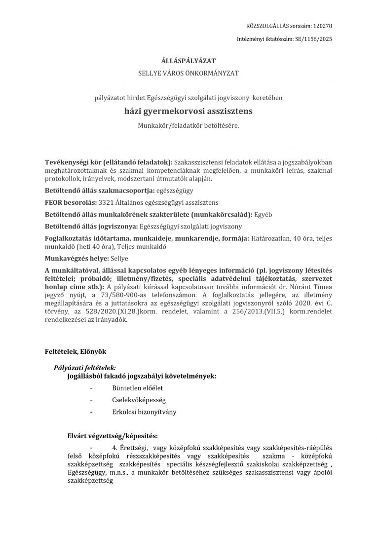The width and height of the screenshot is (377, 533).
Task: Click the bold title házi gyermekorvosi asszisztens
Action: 188,112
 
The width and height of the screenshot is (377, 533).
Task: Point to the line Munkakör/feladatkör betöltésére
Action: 188,126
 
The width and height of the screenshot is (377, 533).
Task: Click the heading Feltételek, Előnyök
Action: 75,351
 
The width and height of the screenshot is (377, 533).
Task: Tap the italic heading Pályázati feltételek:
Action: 85,368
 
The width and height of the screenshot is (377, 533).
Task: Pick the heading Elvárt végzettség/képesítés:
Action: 113,436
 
